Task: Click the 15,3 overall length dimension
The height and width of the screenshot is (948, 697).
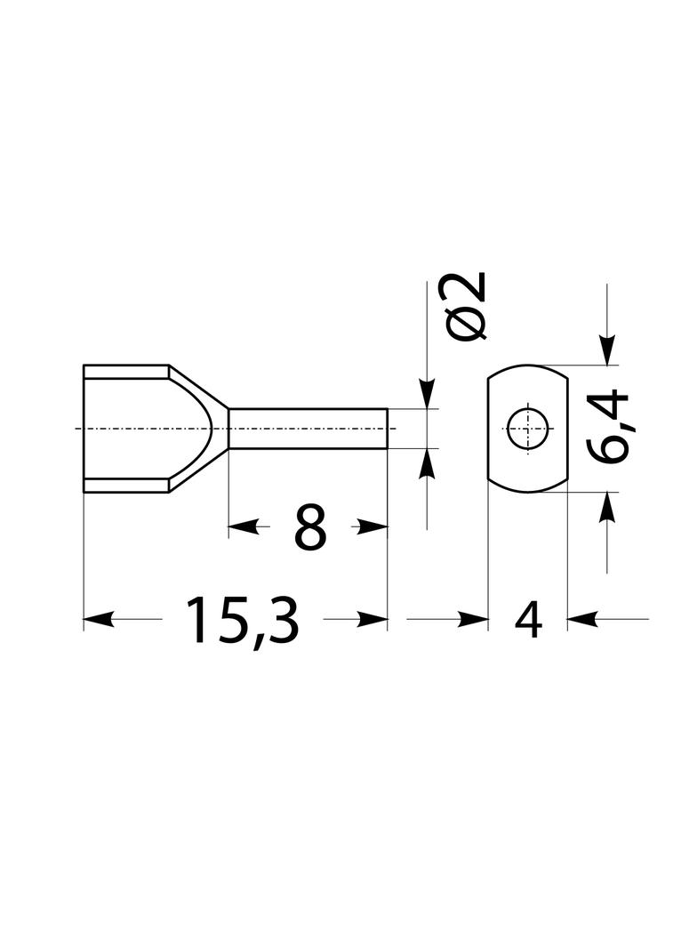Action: pyautogui.click(x=243, y=621)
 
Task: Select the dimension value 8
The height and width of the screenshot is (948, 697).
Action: pyautogui.click(x=310, y=527)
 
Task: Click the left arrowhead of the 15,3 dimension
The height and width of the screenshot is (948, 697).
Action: pyautogui.click(x=98, y=619)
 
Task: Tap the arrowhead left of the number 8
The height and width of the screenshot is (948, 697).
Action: pyautogui.click(x=243, y=527)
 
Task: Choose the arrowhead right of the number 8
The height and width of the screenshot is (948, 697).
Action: pyautogui.click(x=373, y=527)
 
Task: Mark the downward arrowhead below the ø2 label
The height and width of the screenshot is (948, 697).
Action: pyautogui.click(x=427, y=394)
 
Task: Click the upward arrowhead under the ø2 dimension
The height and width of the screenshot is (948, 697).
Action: pyautogui.click(x=427, y=463)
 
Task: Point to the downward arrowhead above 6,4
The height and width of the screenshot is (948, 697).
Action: pyautogui.click(x=607, y=350)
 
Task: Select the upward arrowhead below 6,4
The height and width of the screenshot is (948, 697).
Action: pyautogui.click(x=607, y=507)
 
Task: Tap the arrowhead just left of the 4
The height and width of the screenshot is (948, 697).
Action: pyautogui.click(x=473, y=619)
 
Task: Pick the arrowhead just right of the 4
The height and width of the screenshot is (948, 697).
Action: pyautogui.click(x=581, y=619)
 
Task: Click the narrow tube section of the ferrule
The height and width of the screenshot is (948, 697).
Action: pyautogui.click(x=308, y=429)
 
